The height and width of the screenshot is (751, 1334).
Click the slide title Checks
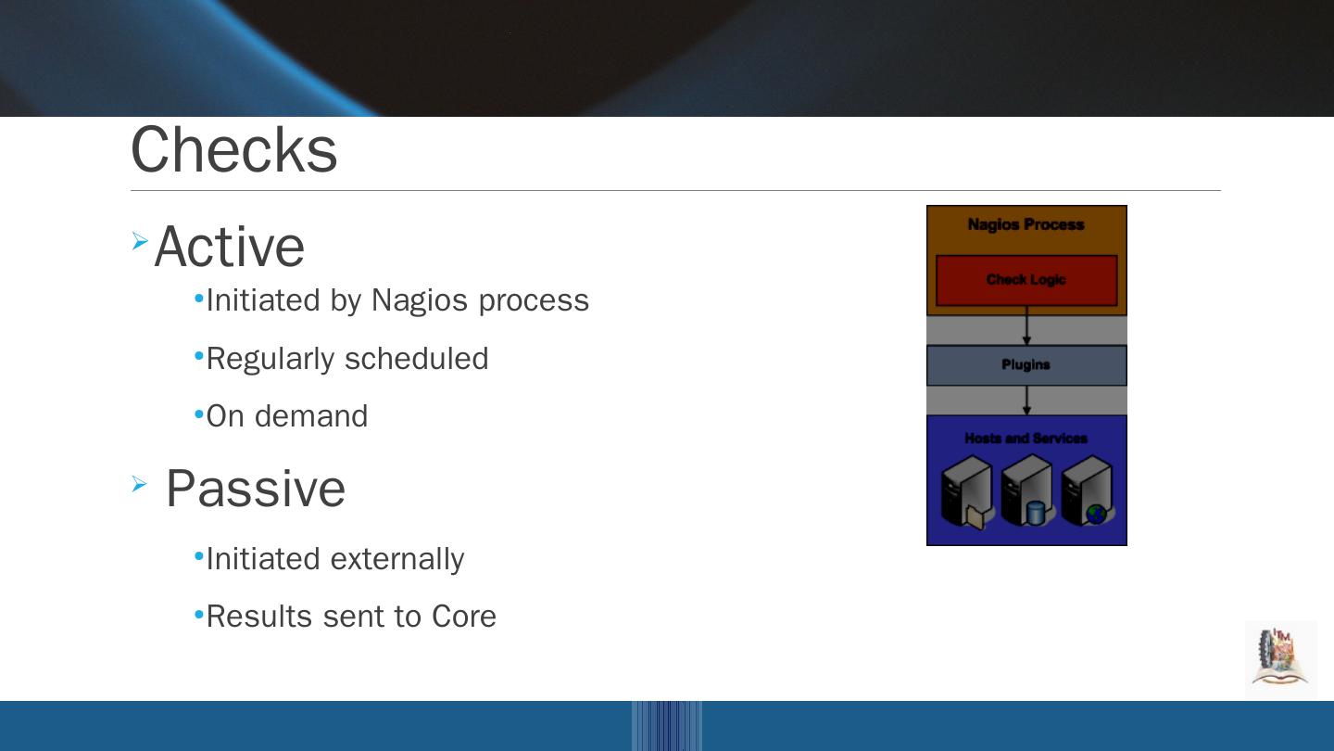tap(234, 149)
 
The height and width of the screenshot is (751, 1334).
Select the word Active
tap(230, 247)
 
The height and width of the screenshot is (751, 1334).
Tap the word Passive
tap(256, 488)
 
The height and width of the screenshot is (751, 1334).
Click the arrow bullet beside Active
tap(140, 241)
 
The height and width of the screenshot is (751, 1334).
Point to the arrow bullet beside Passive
tap(139, 484)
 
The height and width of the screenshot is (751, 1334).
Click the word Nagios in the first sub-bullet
tap(420, 300)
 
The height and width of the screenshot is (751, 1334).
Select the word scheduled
tap(416, 358)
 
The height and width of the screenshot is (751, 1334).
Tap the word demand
tap(311, 416)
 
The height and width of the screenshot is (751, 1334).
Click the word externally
tap(397, 560)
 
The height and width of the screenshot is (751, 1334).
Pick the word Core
tap(464, 617)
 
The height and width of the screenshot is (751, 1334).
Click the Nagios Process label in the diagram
tap(1026, 224)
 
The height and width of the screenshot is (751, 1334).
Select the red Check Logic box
tap(1026, 281)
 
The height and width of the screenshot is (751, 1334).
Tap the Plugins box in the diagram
tap(1026, 364)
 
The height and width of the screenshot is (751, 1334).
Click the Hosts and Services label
tap(1026, 438)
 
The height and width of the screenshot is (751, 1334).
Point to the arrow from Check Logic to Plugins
tap(1026, 325)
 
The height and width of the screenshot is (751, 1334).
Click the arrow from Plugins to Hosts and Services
tap(1026, 400)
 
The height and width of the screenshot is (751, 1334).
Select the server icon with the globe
tap(1088, 490)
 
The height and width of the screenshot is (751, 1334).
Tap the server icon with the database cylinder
tap(1027, 490)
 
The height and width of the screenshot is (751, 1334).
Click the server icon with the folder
tap(966, 491)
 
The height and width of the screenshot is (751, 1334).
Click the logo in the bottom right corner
tap(1280, 658)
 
